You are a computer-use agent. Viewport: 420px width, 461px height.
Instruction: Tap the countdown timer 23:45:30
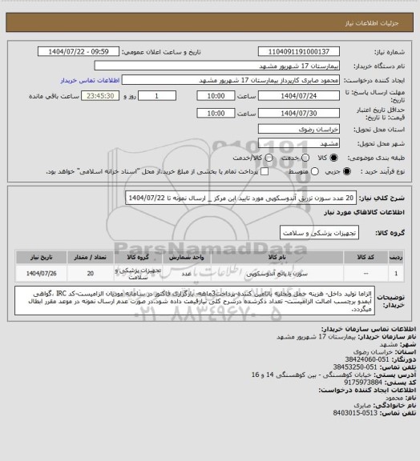point(83,96)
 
